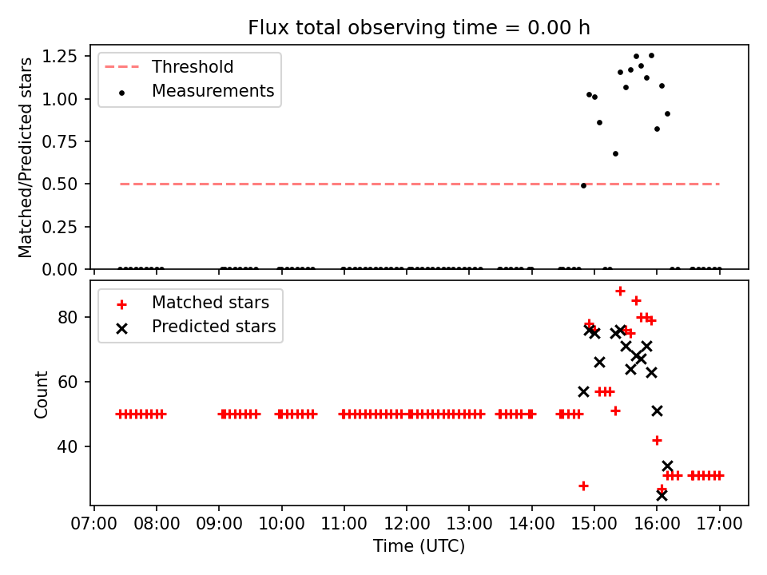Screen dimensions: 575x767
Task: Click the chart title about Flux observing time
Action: (419, 28)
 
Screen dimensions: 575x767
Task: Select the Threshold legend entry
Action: (193, 66)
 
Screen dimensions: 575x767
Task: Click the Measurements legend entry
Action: (213, 91)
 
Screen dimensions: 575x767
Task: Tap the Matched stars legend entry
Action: (210, 303)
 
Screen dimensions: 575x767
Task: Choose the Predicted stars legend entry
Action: (213, 327)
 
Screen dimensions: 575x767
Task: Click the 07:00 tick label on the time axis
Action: (94, 525)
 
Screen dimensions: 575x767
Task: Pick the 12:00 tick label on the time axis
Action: (407, 525)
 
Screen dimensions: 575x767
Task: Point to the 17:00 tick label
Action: (719, 525)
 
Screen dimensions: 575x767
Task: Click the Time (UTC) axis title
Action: (419, 547)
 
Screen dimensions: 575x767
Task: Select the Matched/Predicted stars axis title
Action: (26, 157)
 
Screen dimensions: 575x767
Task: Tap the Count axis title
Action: (42, 394)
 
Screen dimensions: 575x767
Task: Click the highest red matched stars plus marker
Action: (620, 291)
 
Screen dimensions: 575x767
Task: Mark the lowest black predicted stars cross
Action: (662, 495)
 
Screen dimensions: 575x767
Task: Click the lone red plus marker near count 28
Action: (583, 486)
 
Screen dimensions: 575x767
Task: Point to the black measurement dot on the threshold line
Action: (583, 185)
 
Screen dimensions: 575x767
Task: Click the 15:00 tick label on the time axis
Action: (594, 525)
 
